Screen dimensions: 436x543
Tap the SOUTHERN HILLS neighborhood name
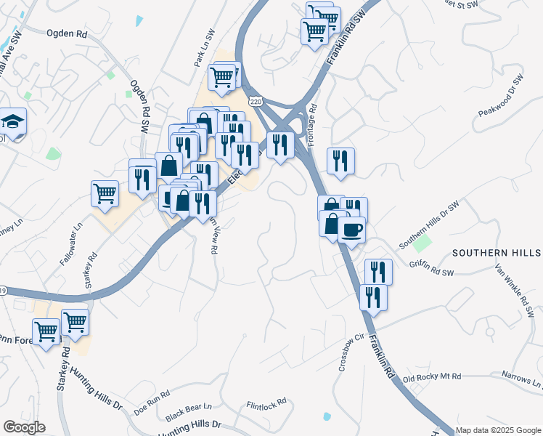[496, 253]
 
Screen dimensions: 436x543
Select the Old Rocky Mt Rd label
[432, 378]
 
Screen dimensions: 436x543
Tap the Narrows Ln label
[522, 379]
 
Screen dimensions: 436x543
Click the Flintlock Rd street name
[266, 402]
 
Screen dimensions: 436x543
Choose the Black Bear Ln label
[188, 412]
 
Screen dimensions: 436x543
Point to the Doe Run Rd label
[152, 402]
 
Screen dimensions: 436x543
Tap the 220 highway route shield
[255, 102]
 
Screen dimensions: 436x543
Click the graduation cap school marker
[12, 121]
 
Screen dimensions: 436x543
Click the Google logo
[24, 427]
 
